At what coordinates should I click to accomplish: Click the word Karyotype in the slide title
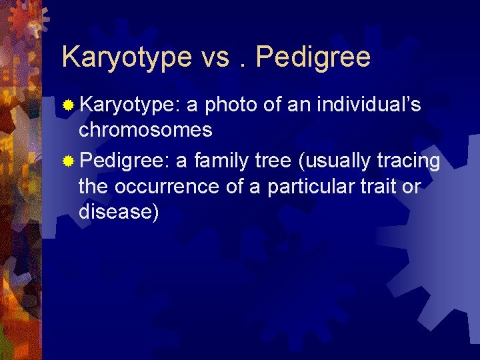[126, 57]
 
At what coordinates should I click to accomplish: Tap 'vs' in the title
[215, 57]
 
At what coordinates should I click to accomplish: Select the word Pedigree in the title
[313, 57]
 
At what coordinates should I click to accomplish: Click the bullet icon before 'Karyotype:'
[67, 105]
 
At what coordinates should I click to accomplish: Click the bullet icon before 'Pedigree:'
[67, 161]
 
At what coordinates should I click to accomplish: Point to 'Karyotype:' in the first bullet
[129, 105]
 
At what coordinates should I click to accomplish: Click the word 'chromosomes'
[145, 130]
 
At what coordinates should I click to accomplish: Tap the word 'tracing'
[408, 161]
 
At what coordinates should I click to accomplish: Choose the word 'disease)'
[119, 212]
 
